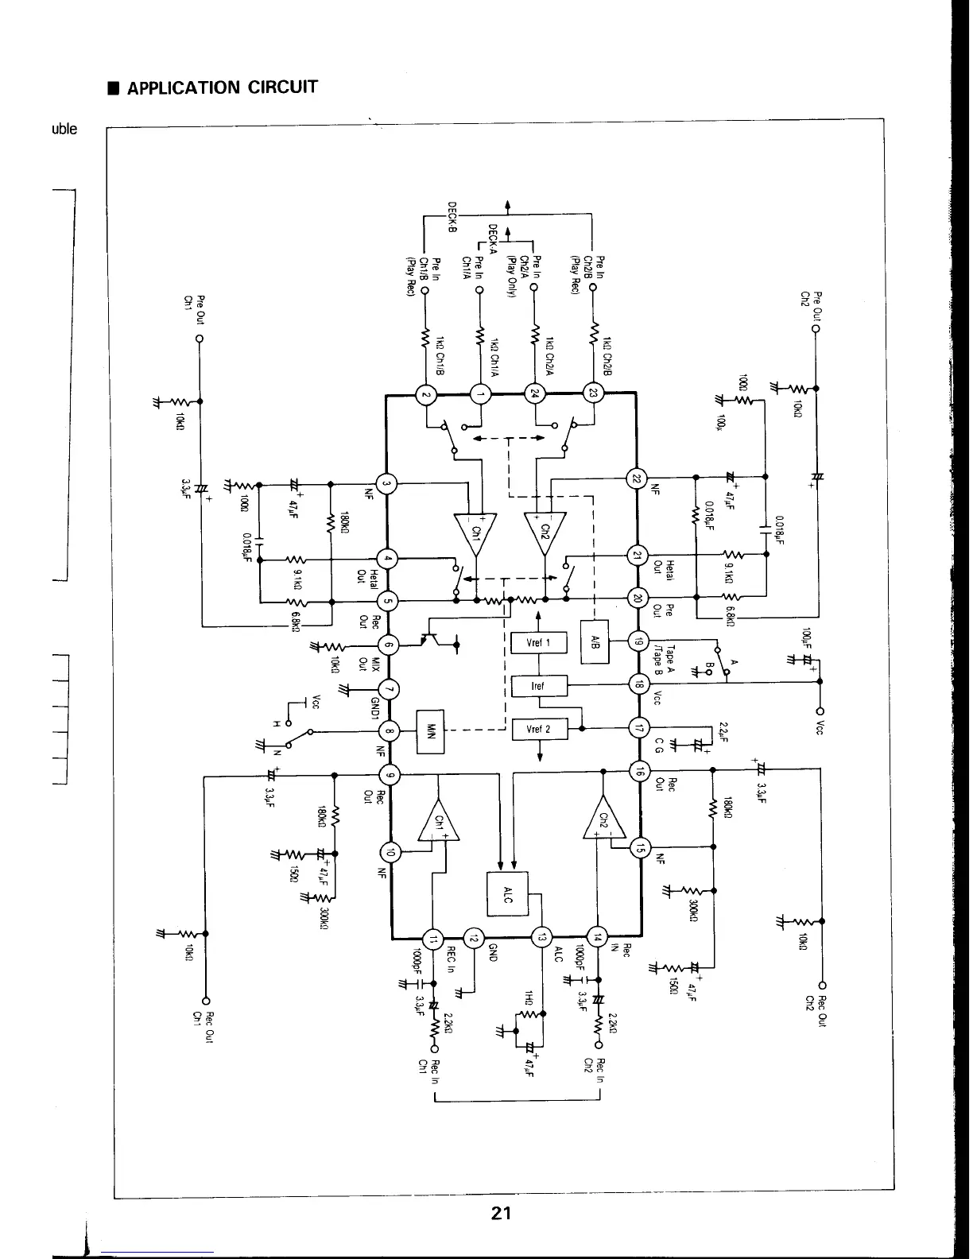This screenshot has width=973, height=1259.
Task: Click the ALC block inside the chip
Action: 507,894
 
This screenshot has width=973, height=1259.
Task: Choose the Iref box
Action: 538,685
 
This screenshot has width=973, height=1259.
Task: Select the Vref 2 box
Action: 538,728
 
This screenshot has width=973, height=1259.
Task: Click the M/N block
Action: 431,730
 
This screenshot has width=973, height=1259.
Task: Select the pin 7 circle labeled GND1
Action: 389,689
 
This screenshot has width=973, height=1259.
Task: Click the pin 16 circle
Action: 638,770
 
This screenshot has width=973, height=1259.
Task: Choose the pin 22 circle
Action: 638,478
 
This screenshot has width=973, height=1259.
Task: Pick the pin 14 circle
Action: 597,936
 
